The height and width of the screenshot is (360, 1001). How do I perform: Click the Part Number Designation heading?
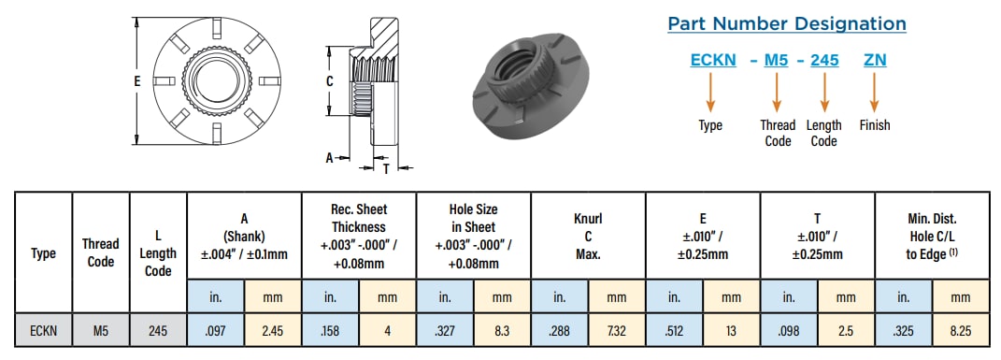pos(786,24)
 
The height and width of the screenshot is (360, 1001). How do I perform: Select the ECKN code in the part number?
pos(714,60)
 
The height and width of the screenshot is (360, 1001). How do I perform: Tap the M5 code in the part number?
pos(777,60)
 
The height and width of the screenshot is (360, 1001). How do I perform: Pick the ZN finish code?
pos(875,60)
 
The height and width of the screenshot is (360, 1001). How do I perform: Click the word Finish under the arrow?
pos(875,124)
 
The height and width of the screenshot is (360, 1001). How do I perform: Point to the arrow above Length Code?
pos(824,92)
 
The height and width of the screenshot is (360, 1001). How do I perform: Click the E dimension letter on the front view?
pos(136,81)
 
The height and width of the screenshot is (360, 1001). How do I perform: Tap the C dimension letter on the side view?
pos(329,81)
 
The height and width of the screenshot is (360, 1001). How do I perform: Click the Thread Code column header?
pos(101,252)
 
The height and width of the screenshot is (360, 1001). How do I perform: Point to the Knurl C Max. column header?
pos(588,236)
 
